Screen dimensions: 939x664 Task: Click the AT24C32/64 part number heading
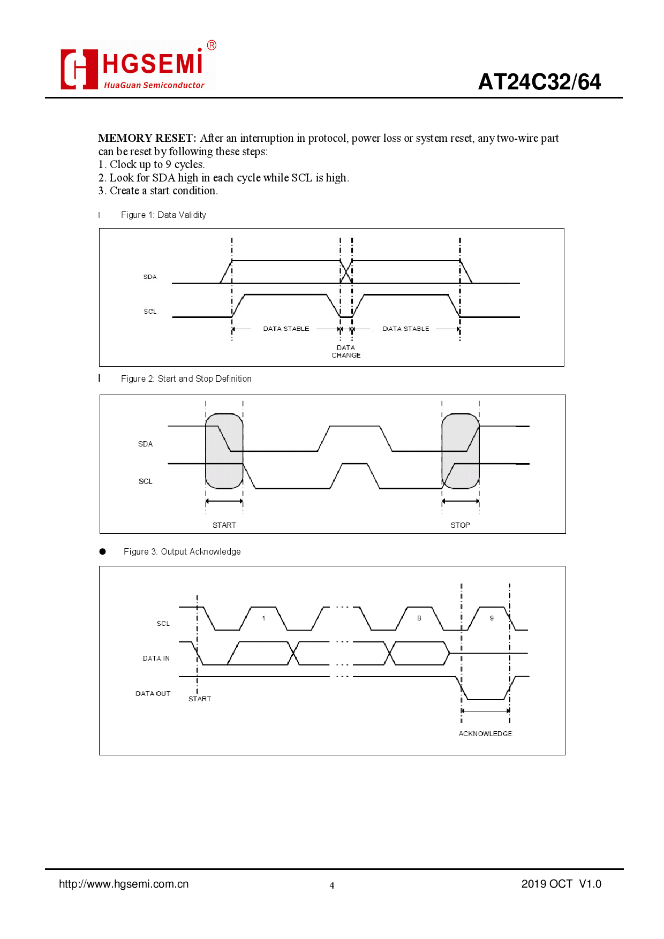[539, 82]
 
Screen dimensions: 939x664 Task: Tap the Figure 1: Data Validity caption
[163, 215]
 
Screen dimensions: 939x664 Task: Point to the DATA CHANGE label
[346, 351]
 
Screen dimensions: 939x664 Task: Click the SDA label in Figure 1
[150, 277]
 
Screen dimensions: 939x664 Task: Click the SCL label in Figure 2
[146, 481]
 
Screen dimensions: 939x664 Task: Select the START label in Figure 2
[224, 525]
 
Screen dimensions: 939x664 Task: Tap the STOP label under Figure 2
[460, 525]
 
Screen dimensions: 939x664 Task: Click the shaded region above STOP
[460, 451]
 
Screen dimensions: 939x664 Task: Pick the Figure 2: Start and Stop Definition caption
[186, 378]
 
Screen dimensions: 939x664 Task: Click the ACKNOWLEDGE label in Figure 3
[485, 733]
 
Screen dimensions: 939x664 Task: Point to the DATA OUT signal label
[153, 693]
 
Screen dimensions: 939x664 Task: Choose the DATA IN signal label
[156, 658]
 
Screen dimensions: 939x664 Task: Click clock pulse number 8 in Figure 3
[419, 618]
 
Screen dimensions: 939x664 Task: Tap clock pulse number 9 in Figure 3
[492, 618]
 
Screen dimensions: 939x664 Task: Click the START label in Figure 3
[200, 699]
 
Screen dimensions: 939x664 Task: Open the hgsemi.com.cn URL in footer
[124, 884]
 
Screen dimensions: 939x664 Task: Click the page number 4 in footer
[332, 885]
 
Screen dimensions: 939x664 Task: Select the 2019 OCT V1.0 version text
[561, 884]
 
